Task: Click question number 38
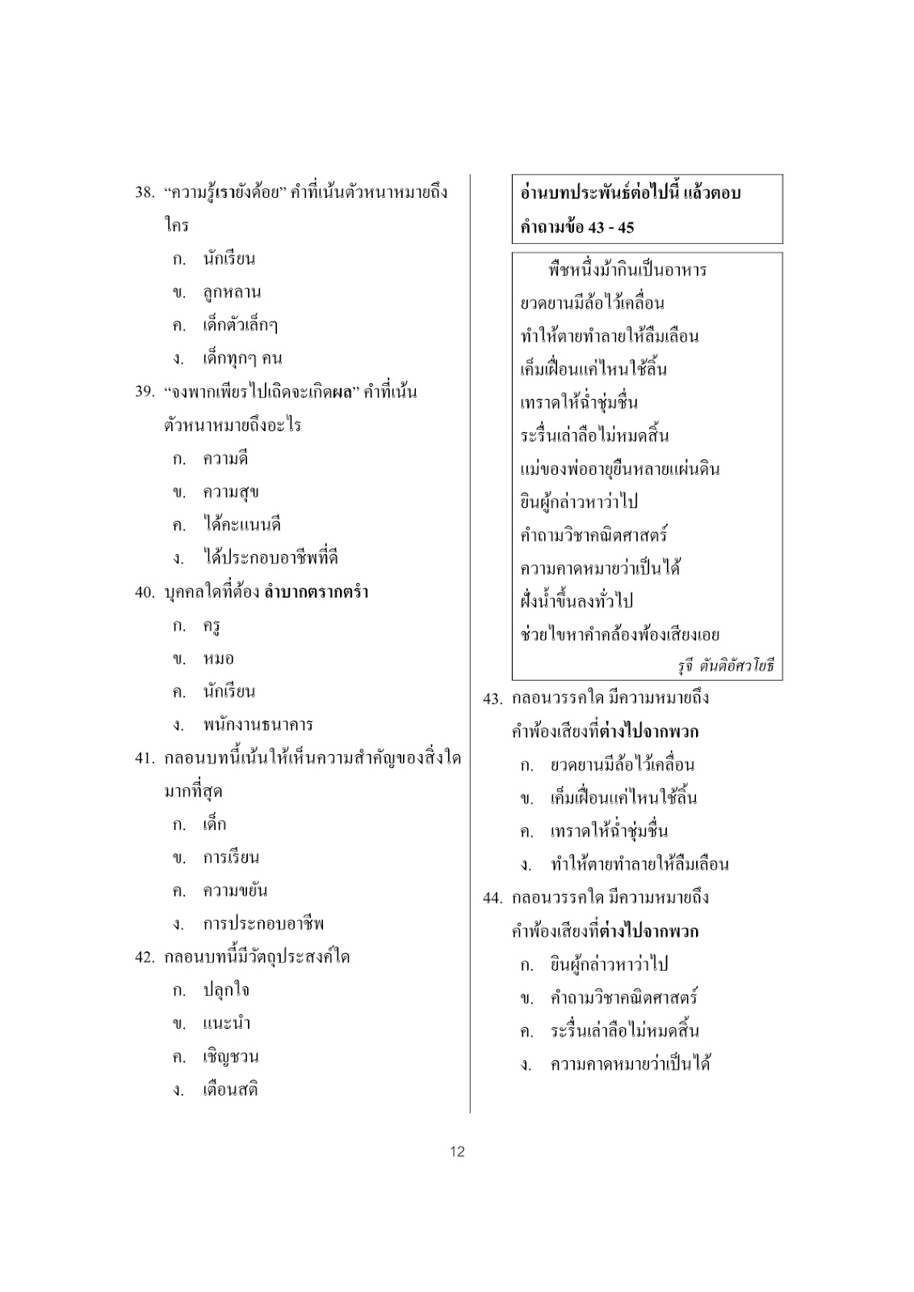(x=145, y=193)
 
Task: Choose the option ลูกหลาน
(x=232, y=292)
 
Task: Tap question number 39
(x=145, y=392)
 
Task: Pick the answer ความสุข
(x=231, y=492)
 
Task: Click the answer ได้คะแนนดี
(x=241, y=525)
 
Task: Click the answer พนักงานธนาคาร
(x=258, y=724)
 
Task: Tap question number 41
(x=145, y=759)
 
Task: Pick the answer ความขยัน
(x=235, y=891)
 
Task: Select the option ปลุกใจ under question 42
(x=225, y=990)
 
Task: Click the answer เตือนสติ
(x=230, y=1089)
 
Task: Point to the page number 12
(x=457, y=1151)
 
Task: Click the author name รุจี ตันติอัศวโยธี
(x=725, y=667)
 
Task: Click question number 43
(x=493, y=698)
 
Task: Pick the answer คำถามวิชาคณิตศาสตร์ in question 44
(x=624, y=997)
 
